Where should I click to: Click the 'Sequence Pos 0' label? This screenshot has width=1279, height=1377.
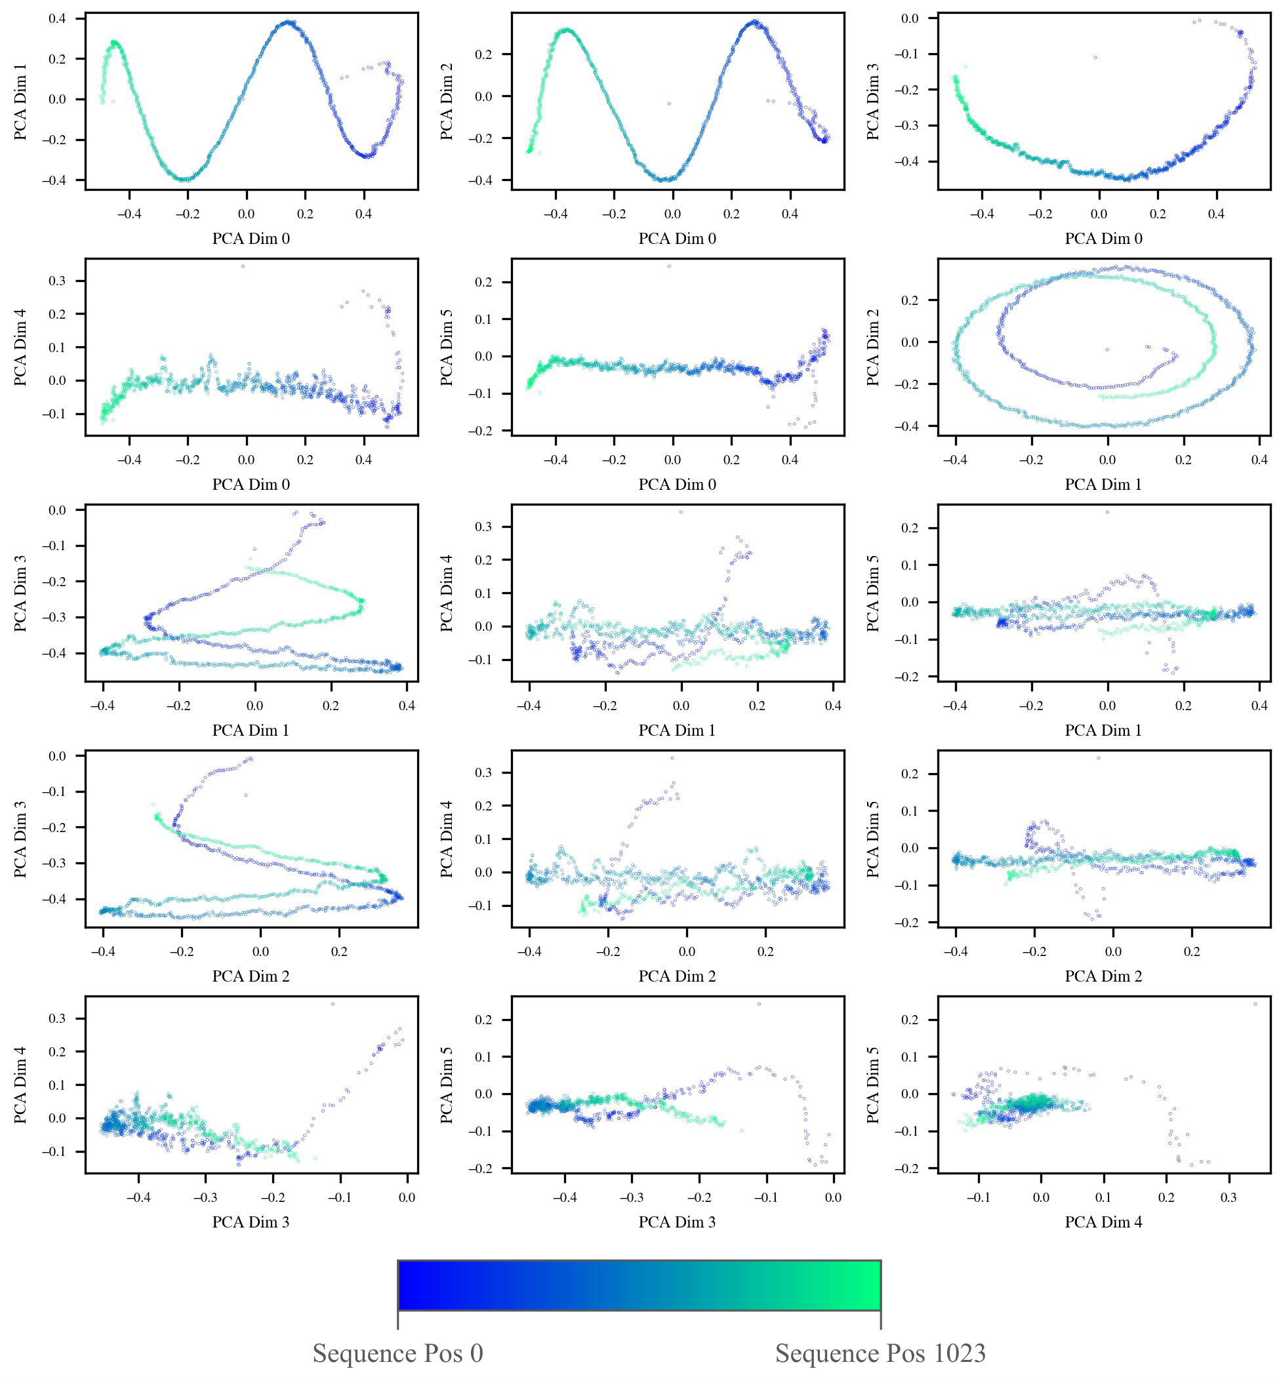(397, 1353)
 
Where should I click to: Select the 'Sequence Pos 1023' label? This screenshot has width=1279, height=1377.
(880, 1353)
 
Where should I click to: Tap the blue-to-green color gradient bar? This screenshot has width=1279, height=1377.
(639, 1285)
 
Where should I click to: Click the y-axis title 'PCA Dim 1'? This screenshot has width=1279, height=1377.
(21, 102)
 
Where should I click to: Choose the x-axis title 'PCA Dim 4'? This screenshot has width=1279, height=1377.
(1103, 1222)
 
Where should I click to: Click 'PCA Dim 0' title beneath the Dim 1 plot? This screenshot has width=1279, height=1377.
(251, 239)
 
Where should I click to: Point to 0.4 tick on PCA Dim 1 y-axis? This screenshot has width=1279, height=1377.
(58, 18)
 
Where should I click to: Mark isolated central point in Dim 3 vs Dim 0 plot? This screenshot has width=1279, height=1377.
(1095, 58)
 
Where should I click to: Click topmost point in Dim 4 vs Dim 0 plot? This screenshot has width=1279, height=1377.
(242, 266)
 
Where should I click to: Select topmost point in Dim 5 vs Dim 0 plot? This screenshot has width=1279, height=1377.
(668, 266)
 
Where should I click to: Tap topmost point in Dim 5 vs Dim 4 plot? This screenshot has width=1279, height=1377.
(1255, 1004)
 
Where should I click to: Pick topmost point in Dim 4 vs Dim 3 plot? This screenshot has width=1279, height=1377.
(333, 1004)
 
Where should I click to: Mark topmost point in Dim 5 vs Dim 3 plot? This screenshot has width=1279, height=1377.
(760, 1004)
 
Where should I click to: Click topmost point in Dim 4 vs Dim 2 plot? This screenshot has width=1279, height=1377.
(672, 759)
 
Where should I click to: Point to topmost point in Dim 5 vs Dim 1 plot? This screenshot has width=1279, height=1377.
(1107, 512)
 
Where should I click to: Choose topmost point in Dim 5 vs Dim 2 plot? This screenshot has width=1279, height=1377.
(1099, 759)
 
